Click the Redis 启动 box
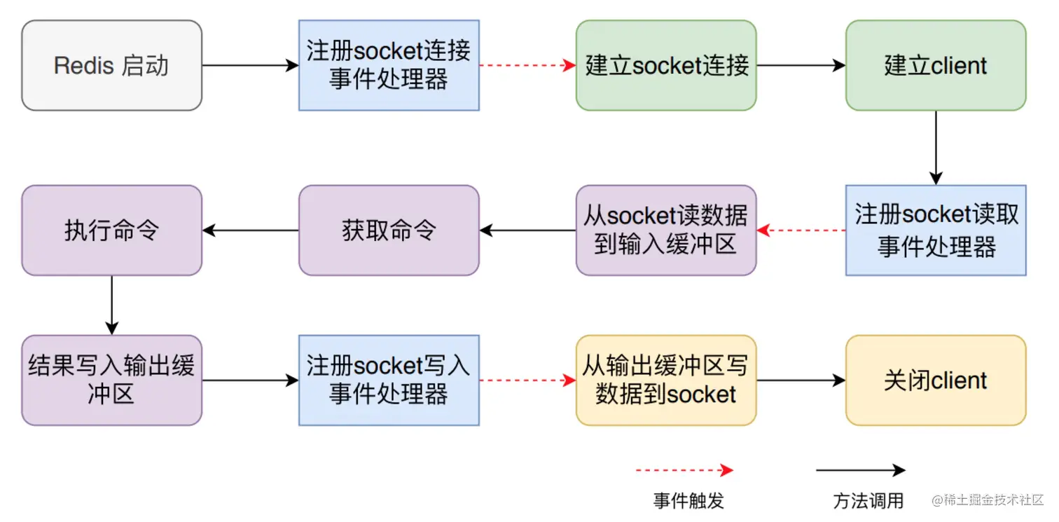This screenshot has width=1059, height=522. point(111,65)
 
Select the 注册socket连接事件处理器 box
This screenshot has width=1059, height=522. point(389,65)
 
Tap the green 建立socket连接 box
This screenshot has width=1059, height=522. point(666,65)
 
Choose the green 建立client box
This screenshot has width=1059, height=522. point(936,65)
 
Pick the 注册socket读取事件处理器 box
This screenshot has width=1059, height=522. point(936,230)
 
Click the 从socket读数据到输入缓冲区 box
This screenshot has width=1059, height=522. point(666,230)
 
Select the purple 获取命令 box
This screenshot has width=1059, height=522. point(389,230)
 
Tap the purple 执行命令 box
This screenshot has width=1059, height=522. point(111,230)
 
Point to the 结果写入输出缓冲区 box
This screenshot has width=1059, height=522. point(111,380)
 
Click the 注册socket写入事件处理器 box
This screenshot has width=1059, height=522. point(389,380)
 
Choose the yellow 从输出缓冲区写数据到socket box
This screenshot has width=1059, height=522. point(666,380)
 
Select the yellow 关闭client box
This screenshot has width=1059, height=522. point(936,380)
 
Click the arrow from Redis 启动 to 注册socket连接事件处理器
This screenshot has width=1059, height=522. point(250,65)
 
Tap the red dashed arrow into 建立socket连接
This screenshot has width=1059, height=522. point(527,65)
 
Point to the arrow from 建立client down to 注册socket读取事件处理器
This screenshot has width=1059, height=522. point(936,148)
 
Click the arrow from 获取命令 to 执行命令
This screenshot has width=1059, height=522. point(250,230)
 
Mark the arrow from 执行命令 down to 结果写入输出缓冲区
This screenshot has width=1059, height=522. point(111,305)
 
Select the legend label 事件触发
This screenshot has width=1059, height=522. point(688,500)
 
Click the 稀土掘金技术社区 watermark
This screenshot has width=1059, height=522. point(988,500)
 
